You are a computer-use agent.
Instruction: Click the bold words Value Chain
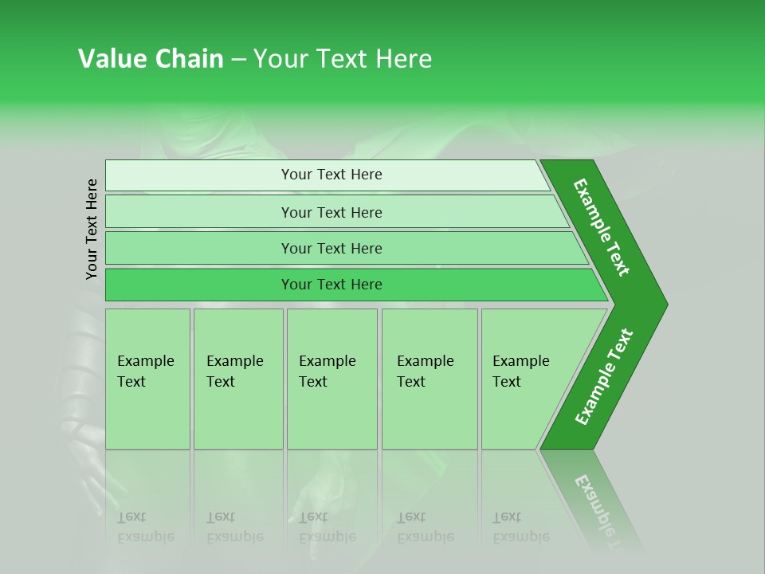pos(151,59)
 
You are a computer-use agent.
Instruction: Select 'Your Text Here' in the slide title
pos(343,59)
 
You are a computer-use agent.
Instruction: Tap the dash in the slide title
pos(238,60)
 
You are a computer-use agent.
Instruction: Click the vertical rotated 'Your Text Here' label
pos(92,230)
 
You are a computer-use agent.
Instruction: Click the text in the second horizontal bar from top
pos(331,213)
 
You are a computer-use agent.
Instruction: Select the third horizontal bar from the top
pos(343,249)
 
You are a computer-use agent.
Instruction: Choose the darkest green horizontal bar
pos(351,285)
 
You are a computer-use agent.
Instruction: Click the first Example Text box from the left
pos(147,379)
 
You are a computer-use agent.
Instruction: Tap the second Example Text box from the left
pos(238,379)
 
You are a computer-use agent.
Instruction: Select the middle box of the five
pos(331,379)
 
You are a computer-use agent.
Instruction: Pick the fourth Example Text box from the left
pos(430,379)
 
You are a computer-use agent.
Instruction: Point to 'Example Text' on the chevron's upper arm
pos(602,227)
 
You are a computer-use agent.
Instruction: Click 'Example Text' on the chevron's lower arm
pos(604,377)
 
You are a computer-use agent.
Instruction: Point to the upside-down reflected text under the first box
pos(145,527)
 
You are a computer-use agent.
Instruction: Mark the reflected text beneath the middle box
pos(327,527)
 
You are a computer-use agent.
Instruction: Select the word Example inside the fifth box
pos(521,361)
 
